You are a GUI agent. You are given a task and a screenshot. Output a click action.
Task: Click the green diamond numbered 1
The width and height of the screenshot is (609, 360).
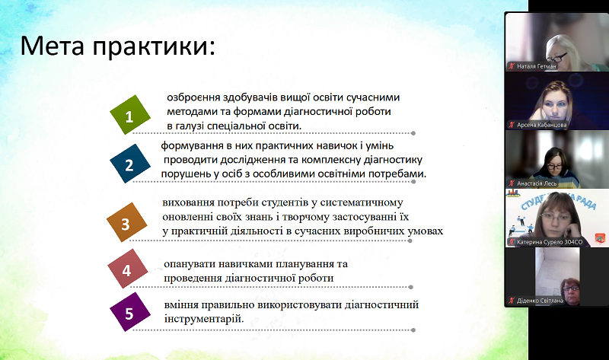coord(129,115)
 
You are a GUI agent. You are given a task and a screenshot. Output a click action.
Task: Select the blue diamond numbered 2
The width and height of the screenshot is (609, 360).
coord(129,164)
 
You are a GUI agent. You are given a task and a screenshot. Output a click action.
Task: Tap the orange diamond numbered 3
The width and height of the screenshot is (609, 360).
coord(126,222)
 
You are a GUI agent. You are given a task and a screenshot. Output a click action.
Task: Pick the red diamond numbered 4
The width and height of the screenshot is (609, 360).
coord(127,269)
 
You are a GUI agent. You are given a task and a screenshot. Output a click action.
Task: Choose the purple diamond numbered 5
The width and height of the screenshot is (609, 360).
coord(129,312)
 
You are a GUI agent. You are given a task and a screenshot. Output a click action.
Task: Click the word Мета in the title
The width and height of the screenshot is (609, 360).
coord(52,46)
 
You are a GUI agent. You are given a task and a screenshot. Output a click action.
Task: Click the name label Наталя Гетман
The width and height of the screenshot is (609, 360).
coord(537,66)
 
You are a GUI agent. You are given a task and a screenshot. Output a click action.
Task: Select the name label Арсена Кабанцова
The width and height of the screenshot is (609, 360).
coord(541,125)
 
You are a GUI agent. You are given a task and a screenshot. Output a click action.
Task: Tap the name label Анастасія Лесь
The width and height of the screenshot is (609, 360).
coord(537,183)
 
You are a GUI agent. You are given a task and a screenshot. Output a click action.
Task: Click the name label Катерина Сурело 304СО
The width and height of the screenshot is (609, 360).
coord(550,242)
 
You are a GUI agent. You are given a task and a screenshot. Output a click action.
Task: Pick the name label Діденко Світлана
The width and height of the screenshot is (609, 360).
coord(540,301)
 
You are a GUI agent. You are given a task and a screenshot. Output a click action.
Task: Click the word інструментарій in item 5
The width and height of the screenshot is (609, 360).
coord(204,319)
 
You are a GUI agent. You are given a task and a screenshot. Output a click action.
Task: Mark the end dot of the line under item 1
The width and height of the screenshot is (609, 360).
coord(413,133)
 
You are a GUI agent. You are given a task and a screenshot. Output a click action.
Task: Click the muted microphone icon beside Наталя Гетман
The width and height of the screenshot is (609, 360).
coord(512,66)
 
